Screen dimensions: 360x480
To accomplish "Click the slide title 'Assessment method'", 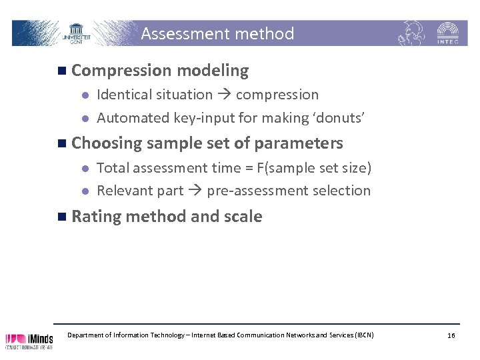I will (217, 33).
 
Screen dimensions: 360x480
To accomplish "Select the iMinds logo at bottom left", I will (29, 340).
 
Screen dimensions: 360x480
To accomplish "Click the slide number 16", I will (451, 335).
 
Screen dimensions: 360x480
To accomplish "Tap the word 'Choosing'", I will (106, 143).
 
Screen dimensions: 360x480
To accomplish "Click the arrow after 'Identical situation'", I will (224, 95).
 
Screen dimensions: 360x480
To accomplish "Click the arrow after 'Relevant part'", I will (195, 191).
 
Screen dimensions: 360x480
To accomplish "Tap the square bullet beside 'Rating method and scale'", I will (61, 217).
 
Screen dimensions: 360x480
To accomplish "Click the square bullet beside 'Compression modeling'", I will (61, 71).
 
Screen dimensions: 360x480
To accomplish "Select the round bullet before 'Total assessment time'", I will (84, 169).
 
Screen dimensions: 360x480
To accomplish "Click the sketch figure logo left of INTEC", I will (413, 32).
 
